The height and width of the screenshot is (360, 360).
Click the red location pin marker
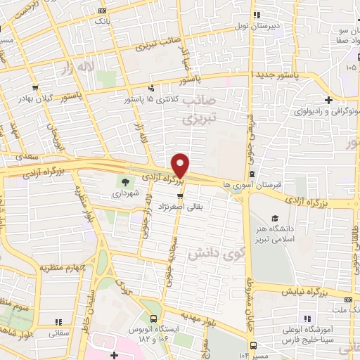pos(181,165)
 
